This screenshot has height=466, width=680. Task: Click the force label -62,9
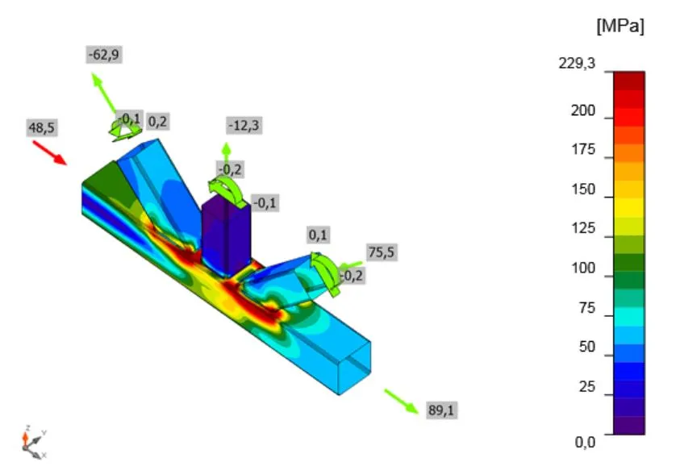pos(103,55)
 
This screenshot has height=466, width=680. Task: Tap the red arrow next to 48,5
pos(50,152)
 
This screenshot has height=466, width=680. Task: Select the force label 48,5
pos(42,128)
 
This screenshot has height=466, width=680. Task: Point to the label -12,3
pos(244,126)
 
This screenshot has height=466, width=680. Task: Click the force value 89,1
pos(441,410)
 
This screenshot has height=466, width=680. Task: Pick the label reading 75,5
pos(382,252)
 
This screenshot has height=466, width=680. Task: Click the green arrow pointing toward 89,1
pos(402,402)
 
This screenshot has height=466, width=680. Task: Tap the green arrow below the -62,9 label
pos(103,93)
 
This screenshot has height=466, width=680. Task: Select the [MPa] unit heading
pos(620,26)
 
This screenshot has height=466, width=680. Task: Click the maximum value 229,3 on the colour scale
pos(577,64)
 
